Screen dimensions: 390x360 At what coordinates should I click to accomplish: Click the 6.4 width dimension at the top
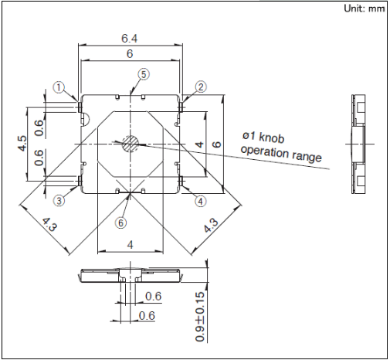coord(129,39)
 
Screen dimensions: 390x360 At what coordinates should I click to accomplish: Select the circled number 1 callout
coord(59,87)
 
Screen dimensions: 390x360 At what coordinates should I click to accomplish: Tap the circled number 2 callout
coord(201,87)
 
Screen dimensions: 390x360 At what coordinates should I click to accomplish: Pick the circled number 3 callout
coord(59,200)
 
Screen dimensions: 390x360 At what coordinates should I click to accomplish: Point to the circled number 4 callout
coord(201,201)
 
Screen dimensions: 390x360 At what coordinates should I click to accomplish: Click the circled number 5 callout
coord(144,74)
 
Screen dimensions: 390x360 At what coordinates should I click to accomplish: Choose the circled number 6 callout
coord(120,222)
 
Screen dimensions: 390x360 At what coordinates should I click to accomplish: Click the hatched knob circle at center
coord(131,144)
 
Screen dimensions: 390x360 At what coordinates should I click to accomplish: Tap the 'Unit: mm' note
coord(365,8)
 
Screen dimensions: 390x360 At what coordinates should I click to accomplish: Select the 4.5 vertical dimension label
coord(22,143)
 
